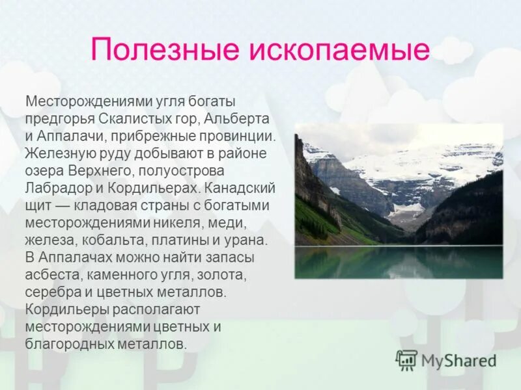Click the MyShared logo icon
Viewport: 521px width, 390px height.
[x=406, y=359]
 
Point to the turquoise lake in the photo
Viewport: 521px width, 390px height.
[x=398, y=261]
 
